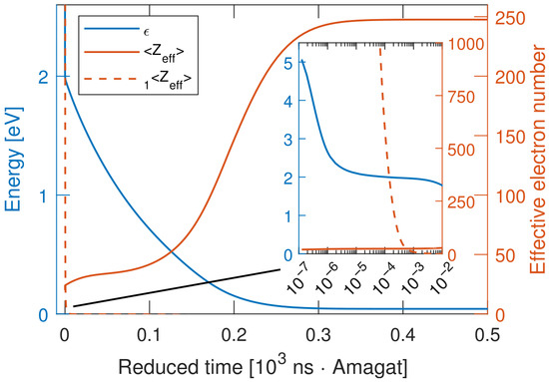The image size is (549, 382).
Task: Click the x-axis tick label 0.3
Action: click(x=318, y=335)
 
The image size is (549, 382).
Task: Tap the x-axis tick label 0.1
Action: click(x=149, y=335)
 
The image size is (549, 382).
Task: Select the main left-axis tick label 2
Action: click(x=43, y=78)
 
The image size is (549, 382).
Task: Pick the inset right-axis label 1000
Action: click(x=462, y=45)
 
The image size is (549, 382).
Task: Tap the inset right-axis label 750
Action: click(x=460, y=97)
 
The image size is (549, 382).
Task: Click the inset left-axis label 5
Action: click(x=288, y=63)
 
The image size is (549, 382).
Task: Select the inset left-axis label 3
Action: click(x=288, y=140)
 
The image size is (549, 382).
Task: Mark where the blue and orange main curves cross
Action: click(x=172, y=250)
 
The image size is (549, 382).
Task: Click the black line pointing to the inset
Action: click(x=177, y=287)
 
